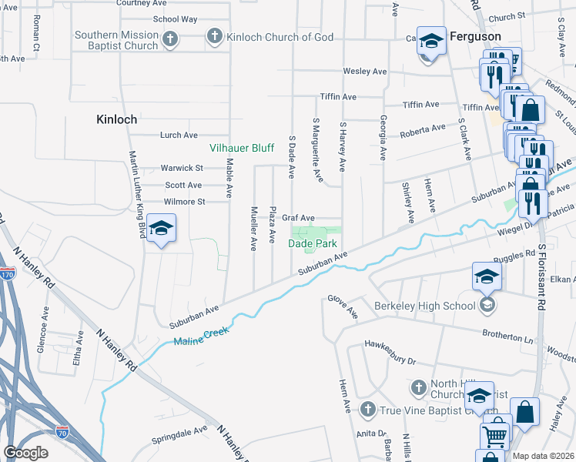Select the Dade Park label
[313, 243]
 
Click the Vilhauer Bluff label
[242, 147]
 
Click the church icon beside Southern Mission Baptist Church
[170, 37]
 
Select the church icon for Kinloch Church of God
[215, 36]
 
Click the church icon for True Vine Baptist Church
[368, 410]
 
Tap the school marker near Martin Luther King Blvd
[161, 229]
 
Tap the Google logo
[25, 453]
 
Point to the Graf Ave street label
[298, 218]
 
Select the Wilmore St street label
[184, 202]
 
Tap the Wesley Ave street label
[364, 72]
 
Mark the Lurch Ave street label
[179, 135]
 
